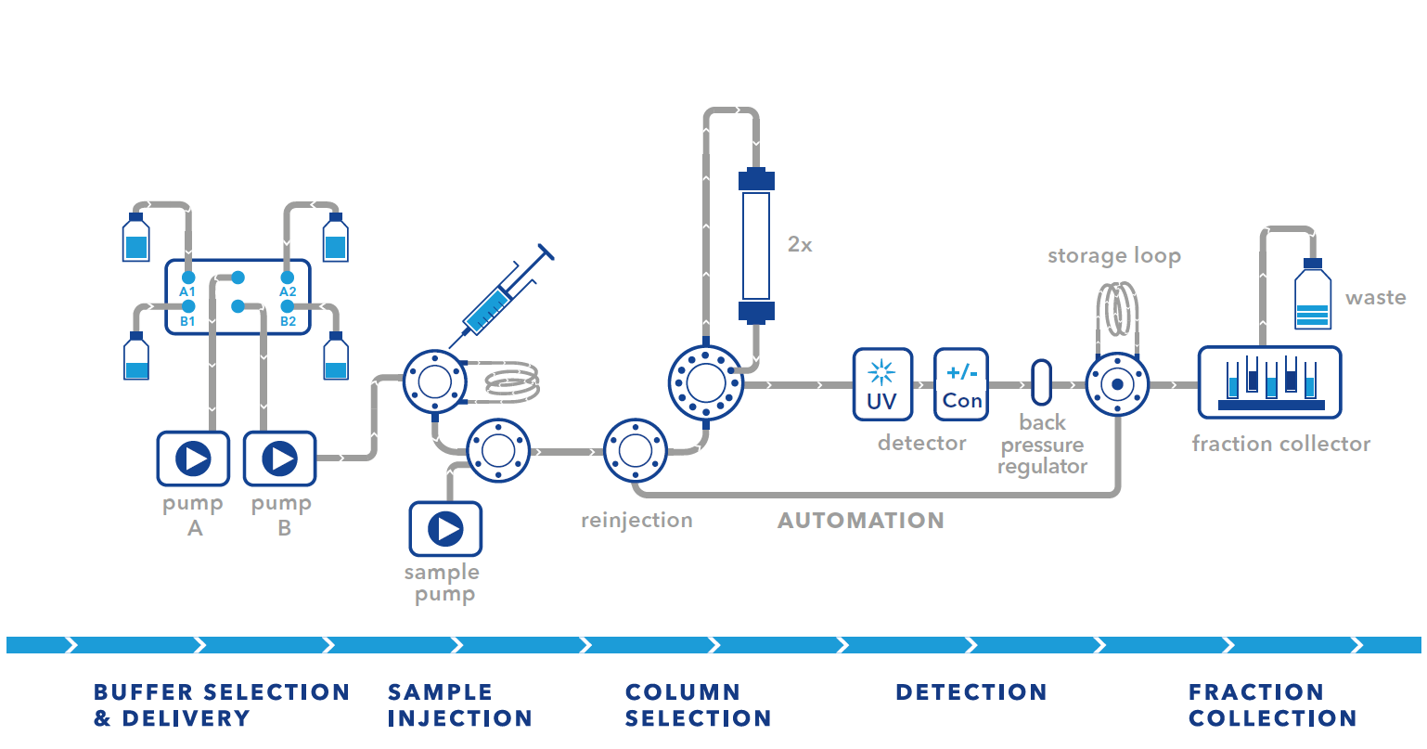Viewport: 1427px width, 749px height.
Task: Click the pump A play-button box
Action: coord(193,458)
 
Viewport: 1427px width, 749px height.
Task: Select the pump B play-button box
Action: coord(279,458)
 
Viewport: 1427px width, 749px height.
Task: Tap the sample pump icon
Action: coord(445,529)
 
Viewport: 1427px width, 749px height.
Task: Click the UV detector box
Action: coord(882,384)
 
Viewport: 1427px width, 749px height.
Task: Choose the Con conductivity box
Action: coord(961,384)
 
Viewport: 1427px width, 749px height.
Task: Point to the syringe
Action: coord(502,294)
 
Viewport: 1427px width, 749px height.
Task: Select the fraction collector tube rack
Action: coord(1269,382)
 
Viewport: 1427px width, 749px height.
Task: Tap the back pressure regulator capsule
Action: coord(1042,382)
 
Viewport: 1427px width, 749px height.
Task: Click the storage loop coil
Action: coord(1117,311)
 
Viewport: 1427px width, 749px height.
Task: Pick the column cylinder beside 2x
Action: coord(756,245)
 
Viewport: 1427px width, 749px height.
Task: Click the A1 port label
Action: coord(187,292)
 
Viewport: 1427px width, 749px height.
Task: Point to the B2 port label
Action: coord(289,321)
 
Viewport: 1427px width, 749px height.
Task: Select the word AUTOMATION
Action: coord(860,521)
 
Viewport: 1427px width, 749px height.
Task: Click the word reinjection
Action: coord(636,521)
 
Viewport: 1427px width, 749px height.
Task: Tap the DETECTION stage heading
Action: coord(971,692)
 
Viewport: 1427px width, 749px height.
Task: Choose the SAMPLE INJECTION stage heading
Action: coord(459,705)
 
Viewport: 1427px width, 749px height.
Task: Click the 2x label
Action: coord(800,245)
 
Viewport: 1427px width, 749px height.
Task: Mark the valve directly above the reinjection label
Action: coord(636,451)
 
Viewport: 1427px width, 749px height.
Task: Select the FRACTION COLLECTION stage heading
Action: coord(1272,705)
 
